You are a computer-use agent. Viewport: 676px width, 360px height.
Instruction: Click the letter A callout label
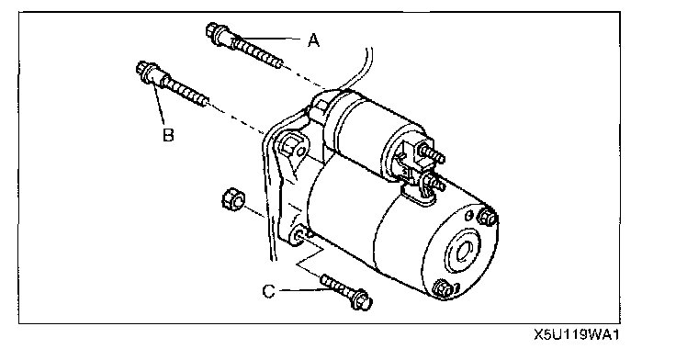tap(314, 40)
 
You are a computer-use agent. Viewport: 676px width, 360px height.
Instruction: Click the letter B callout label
tap(169, 134)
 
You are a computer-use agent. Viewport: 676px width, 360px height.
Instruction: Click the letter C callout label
tap(268, 291)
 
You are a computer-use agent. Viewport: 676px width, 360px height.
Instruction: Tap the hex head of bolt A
tap(212, 30)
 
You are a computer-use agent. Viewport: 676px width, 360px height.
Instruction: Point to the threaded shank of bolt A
tap(257, 53)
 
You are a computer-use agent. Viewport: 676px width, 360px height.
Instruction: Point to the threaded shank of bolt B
tap(185, 90)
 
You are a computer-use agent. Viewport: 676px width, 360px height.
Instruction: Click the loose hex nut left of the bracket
tap(233, 199)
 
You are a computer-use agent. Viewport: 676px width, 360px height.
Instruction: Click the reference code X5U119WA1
tap(577, 335)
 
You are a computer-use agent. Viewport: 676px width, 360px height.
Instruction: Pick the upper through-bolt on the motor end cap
tap(487, 217)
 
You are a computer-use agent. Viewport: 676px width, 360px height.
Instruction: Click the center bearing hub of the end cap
tap(464, 251)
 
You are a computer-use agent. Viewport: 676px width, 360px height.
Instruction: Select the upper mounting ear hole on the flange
tap(302, 151)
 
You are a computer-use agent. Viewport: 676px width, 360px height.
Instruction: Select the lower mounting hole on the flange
tap(299, 235)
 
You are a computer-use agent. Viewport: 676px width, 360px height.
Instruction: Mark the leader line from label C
tap(305, 290)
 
